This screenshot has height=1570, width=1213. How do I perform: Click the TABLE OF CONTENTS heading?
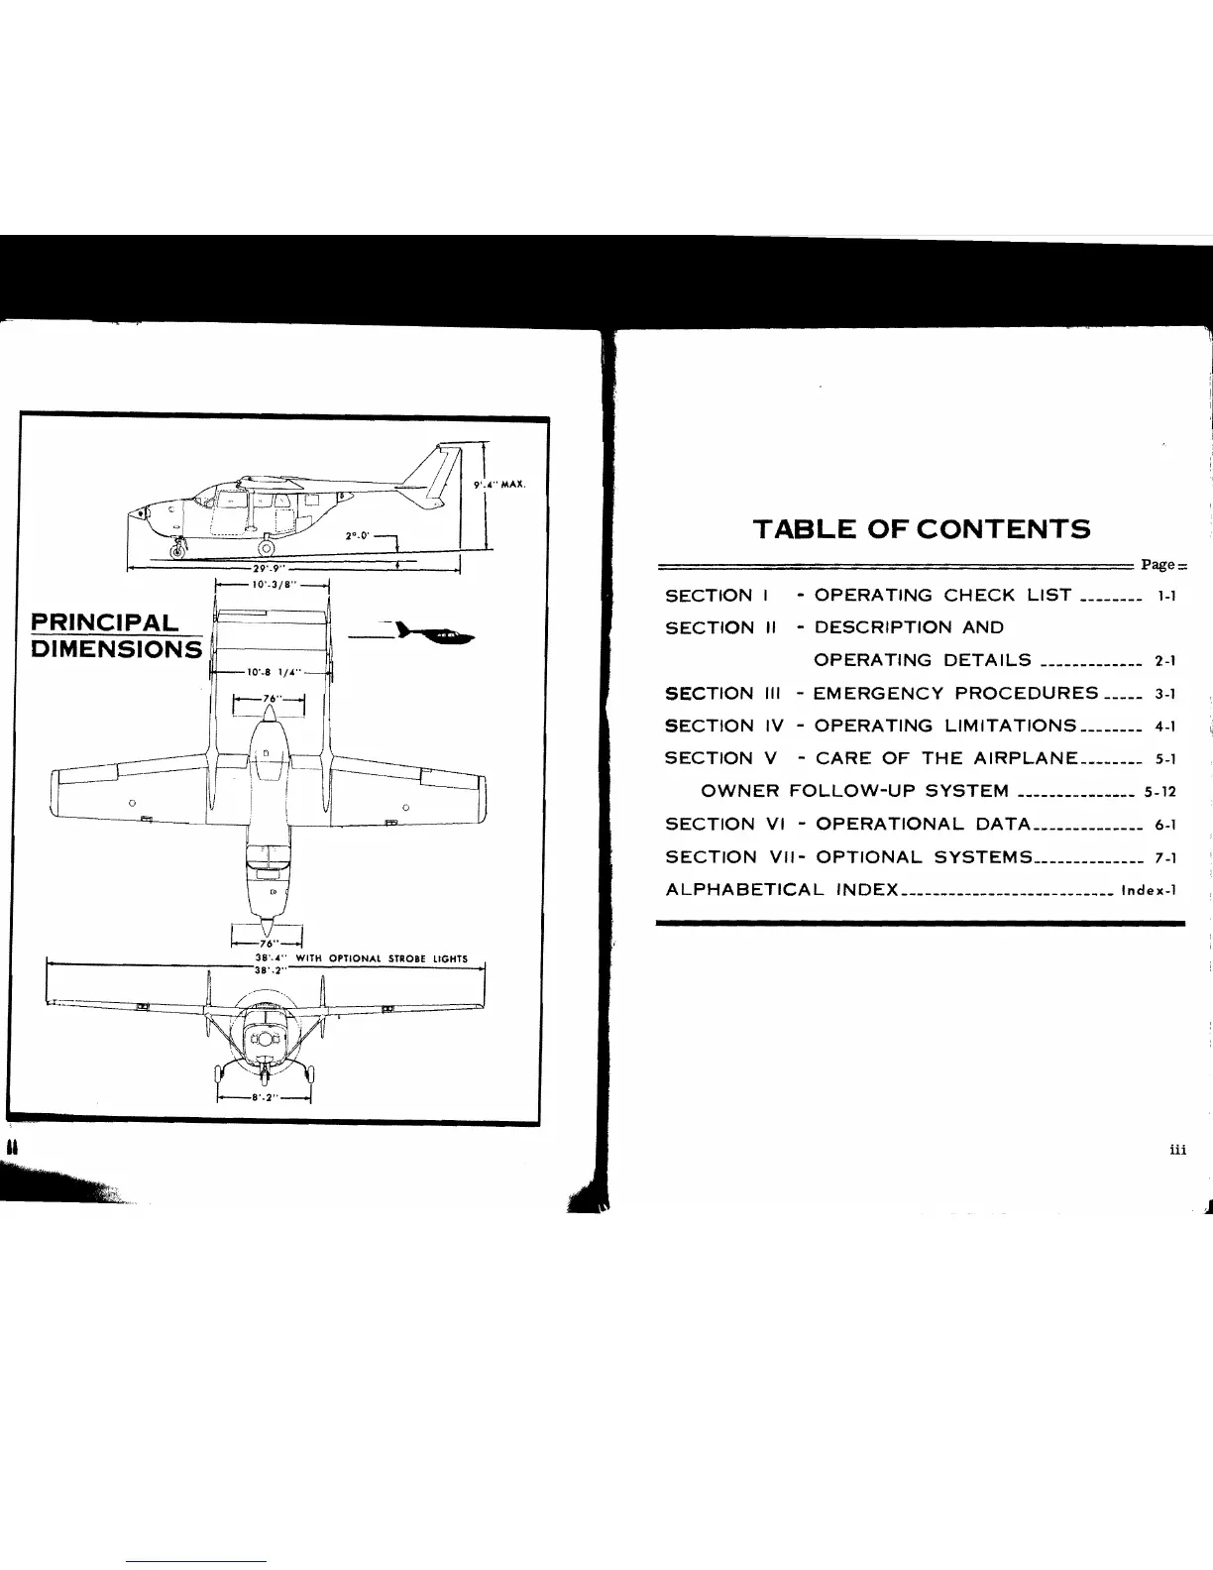(x=922, y=529)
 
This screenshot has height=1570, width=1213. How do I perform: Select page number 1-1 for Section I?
(x=1164, y=597)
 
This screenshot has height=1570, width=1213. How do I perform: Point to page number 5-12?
(x=1159, y=792)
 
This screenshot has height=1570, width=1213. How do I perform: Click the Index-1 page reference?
(x=1148, y=890)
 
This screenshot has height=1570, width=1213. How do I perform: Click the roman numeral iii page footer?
(x=1176, y=1150)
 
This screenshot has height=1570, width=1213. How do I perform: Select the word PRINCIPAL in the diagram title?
(x=104, y=622)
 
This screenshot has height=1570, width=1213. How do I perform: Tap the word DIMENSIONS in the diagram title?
(x=116, y=649)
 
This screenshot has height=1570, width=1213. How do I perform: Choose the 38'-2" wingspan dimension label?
(x=269, y=970)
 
